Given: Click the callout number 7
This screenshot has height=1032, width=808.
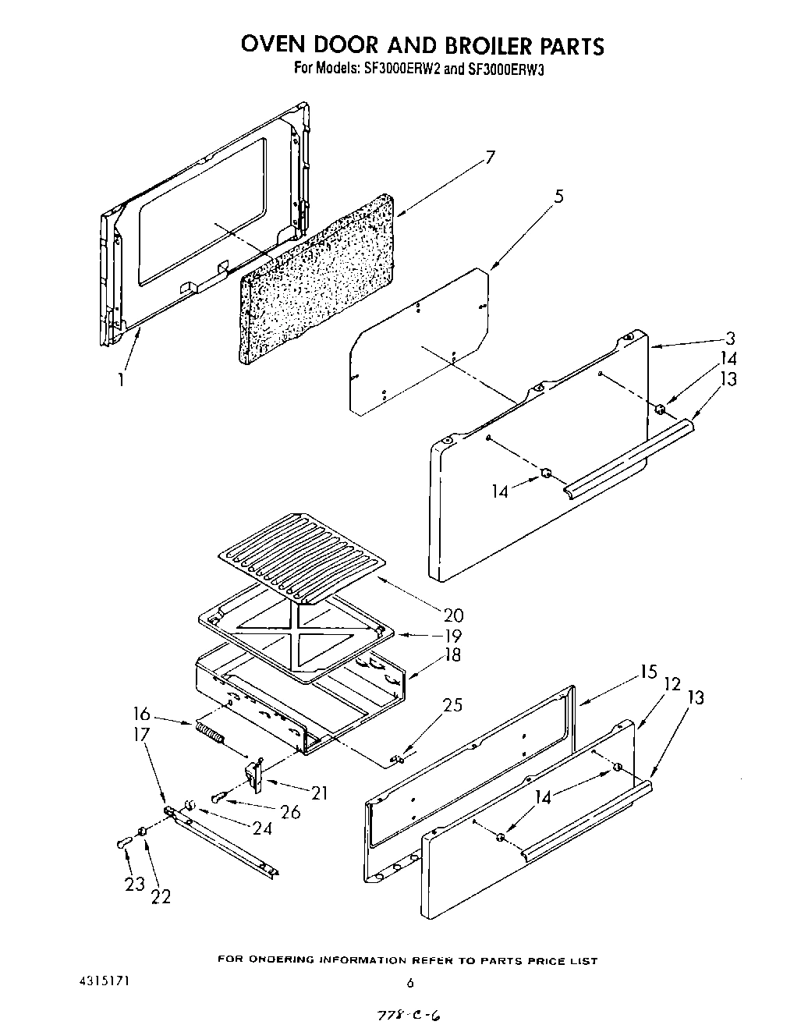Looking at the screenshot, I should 490,158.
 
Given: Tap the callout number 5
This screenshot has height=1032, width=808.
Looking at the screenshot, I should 558,197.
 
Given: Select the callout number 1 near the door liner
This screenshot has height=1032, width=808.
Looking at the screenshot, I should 121,380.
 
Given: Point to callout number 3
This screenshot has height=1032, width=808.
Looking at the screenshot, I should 730,339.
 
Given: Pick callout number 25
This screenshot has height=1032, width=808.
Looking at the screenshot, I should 452,705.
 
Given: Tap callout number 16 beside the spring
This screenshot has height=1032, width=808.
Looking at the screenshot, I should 141,714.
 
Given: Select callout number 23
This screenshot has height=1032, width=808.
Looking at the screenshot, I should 135,883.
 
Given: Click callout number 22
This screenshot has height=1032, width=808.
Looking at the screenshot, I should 161,896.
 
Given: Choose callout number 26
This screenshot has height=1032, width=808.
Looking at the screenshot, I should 290,812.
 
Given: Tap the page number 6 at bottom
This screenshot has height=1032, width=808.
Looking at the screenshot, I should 409,983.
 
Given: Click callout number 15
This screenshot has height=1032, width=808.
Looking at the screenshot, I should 649,672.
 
